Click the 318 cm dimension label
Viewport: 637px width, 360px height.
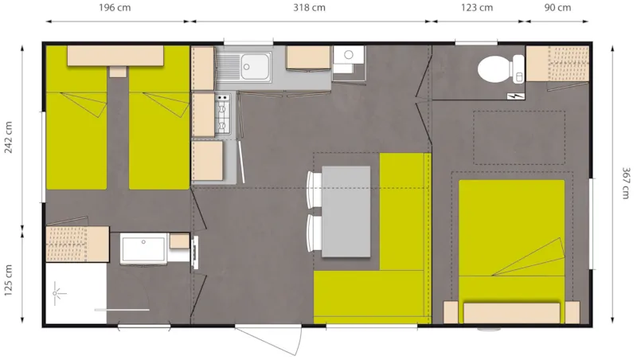click(x=310, y=9)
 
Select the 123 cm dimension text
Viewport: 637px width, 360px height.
click(x=477, y=9)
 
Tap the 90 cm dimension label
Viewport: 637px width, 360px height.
click(x=558, y=9)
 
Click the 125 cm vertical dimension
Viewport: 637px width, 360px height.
click(x=9, y=280)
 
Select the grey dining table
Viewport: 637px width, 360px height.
click(x=346, y=211)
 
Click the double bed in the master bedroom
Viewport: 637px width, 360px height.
click(x=511, y=239)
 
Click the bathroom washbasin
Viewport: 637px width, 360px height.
click(x=144, y=248)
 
